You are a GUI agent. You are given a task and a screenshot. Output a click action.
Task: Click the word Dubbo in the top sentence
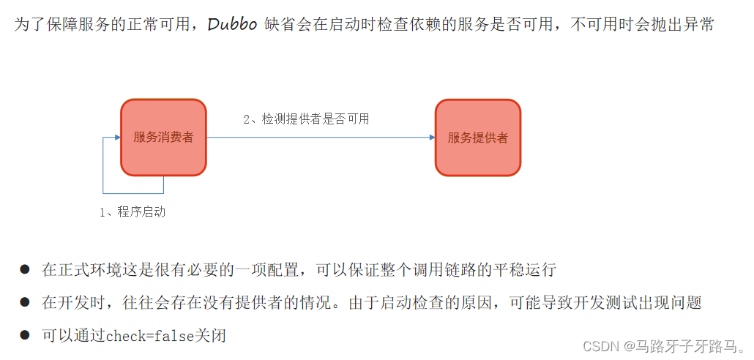point(232,24)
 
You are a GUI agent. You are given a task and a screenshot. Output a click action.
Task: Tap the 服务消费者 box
point(163,138)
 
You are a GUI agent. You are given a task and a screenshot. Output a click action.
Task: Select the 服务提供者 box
point(478,138)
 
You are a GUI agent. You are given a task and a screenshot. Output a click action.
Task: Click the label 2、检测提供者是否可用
point(306,119)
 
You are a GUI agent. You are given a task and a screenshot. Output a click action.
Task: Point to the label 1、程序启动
point(132,212)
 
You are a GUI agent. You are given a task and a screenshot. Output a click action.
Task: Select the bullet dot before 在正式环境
point(24,269)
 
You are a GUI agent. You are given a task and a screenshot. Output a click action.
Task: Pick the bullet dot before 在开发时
point(24,302)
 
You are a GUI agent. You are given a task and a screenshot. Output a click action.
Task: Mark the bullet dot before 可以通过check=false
point(24,335)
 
